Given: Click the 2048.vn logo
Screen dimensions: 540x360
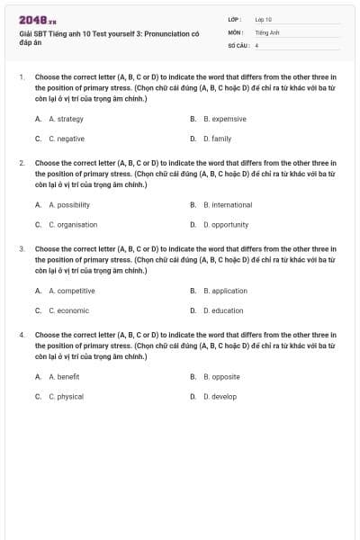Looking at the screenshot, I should click(x=38, y=20).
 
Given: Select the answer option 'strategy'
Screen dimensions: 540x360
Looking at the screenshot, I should click(x=66, y=119).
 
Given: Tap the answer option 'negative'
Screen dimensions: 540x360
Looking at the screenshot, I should click(x=67, y=139).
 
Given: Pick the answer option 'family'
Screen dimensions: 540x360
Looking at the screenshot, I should click(x=217, y=139).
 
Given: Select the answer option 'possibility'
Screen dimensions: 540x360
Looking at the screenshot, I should click(x=69, y=204).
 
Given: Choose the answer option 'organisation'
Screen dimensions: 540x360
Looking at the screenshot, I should click(x=73, y=224).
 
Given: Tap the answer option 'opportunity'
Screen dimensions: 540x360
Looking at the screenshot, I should click(x=226, y=224).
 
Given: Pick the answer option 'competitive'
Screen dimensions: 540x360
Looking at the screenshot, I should click(x=71, y=291).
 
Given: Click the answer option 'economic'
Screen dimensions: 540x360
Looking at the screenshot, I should click(x=68, y=310).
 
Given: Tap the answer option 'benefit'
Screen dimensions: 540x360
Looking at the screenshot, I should click(x=64, y=376).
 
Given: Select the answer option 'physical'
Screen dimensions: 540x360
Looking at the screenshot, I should click(x=66, y=396).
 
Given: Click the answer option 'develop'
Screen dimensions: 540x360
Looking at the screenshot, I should click(x=220, y=396).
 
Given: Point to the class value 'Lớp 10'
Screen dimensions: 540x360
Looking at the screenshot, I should click(x=263, y=19).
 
